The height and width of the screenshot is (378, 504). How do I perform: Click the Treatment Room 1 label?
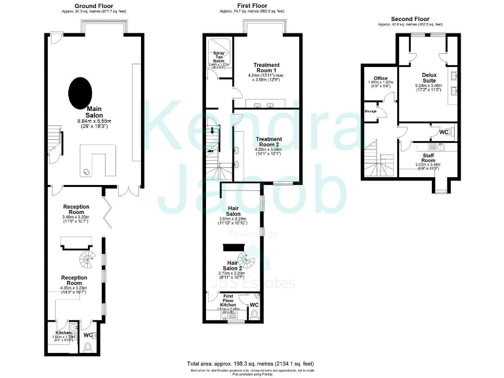tap(266, 68)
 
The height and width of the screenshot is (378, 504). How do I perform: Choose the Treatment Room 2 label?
tap(269, 142)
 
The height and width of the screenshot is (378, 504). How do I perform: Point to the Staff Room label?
tap(428, 157)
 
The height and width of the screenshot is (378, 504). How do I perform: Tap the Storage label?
tap(371, 112)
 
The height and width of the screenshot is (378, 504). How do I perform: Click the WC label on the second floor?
tap(444, 132)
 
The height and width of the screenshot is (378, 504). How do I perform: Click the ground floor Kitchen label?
tap(63, 333)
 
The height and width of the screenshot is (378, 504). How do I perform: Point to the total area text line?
tap(251, 363)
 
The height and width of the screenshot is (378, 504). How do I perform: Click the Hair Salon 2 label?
tap(234, 265)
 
